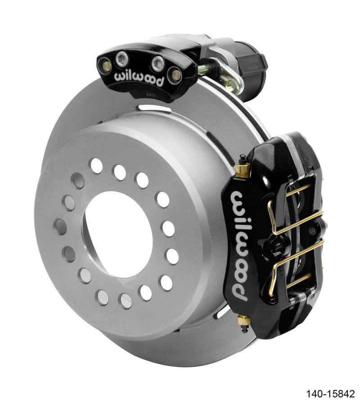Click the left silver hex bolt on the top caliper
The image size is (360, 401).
(121, 59)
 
